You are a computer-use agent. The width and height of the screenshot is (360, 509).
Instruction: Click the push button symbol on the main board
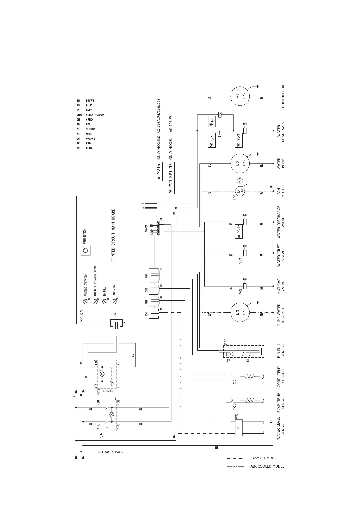pyautogui.click(x=86, y=251)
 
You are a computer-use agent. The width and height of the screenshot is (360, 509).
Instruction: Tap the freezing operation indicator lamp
pyautogui.click(x=86, y=301)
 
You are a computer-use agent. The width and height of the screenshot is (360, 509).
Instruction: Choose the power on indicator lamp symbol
pyautogui.click(x=114, y=301)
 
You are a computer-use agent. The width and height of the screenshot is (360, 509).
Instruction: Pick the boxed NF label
pyautogui.click(x=212, y=121)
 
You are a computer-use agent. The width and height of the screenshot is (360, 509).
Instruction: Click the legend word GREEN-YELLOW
pyautogui.click(x=95, y=115)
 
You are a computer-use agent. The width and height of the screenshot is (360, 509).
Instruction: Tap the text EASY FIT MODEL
pyautogui.click(x=264, y=458)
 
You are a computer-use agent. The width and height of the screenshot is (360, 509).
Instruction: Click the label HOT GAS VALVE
pyautogui.click(x=281, y=286)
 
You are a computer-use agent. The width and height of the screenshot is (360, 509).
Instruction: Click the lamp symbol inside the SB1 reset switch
pyautogui.click(x=102, y=374)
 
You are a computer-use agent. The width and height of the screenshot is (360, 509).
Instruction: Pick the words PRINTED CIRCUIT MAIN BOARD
pyautogui.click(x=113, y=235)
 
